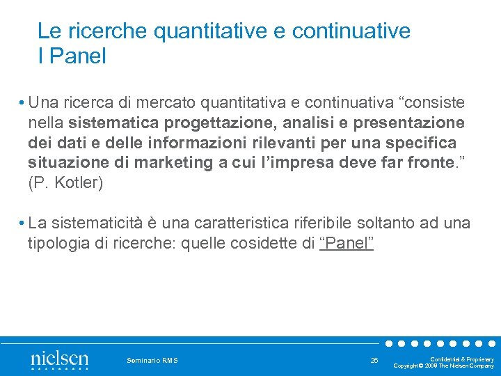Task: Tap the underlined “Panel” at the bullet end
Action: point(347,243)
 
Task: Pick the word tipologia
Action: point(56,243)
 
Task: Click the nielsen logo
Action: point(59,360)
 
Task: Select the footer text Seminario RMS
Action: point(152,360)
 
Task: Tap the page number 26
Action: point(374,360)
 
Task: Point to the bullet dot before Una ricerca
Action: point(23,103)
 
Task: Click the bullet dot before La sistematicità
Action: point(23,224)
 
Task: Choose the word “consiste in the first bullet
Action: point(431,103)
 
